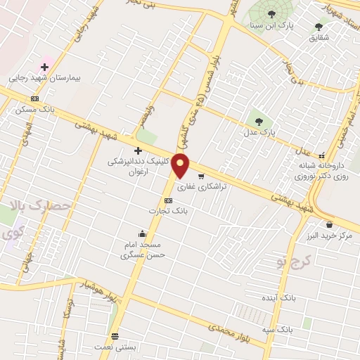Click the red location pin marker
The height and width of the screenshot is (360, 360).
[181, 165]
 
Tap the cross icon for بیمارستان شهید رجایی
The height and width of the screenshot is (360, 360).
[44, 67]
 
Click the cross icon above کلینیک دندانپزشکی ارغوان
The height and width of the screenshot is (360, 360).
[138, 150]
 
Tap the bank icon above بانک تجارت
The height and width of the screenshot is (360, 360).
[167, 200]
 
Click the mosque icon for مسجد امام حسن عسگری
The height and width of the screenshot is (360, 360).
[143, 234]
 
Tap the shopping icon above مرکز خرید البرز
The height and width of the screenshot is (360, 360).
[330, 225]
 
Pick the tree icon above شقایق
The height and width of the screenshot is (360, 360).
[319, 27]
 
